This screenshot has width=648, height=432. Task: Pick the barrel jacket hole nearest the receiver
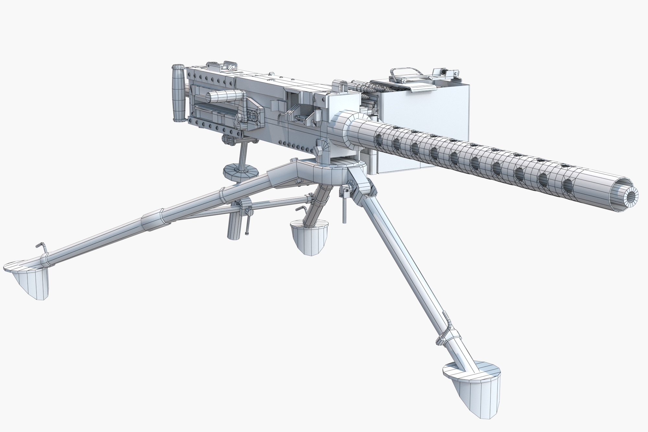coord(378,140)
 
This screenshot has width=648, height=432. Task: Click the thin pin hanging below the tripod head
coord(344,210)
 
